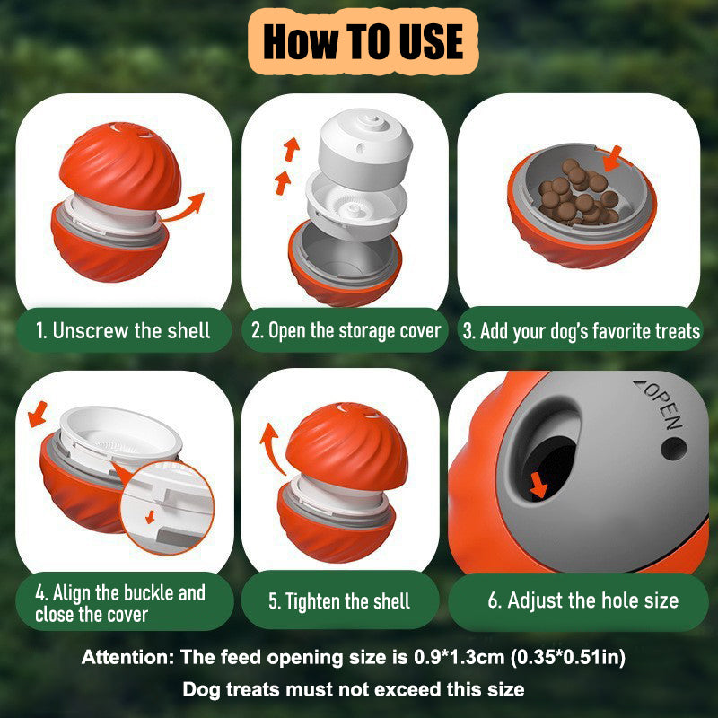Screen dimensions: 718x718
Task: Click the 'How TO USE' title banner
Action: tap(363, 41)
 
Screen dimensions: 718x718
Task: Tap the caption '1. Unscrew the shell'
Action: tap(123, 330)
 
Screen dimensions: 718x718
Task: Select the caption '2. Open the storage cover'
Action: tap(346, 330)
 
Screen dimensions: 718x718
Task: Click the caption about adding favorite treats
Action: tap(581, 330)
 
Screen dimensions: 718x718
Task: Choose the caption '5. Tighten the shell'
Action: tap(339, 600)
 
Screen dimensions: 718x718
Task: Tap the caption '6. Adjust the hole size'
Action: tap(582, 600)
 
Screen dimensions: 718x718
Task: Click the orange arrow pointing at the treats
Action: tap(613, 158)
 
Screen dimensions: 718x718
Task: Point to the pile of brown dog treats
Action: tap(579, 193)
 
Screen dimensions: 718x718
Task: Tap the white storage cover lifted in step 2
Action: tap(365, 148)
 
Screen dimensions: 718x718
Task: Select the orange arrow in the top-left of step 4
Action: tap(38, 414)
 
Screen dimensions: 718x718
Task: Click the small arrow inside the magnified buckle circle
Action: tap(150, 517)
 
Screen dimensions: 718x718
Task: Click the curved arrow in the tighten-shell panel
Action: tap(271, 446)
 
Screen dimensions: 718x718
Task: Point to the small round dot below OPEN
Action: tap(674, 449)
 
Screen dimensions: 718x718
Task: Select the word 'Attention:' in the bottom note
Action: tap(127, 658)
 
